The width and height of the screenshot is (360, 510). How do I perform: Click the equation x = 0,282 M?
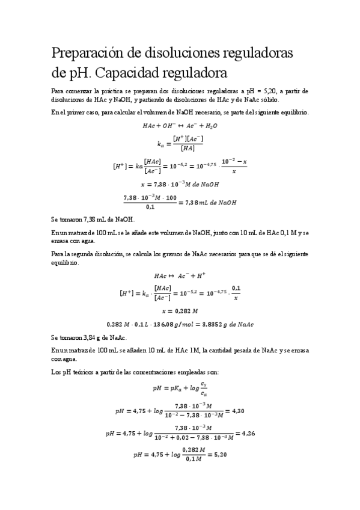coord(180,311)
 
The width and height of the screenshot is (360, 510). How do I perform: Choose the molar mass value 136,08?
coord(178,324)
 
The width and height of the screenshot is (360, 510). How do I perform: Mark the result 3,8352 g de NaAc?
coord(231,324)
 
